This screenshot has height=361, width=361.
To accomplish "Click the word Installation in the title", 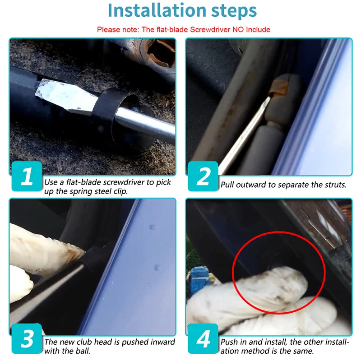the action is tap(157, 10).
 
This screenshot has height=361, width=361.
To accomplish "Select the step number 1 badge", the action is tap(27, 176).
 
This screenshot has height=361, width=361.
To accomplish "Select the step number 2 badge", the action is tap(203, 176).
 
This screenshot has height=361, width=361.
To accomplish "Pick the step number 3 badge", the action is tap(27, 338).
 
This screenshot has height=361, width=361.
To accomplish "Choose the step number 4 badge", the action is tap(203, 338).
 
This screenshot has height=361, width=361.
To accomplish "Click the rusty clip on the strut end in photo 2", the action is tap(279, 88).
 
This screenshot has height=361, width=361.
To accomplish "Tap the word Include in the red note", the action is tap(258, 29).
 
